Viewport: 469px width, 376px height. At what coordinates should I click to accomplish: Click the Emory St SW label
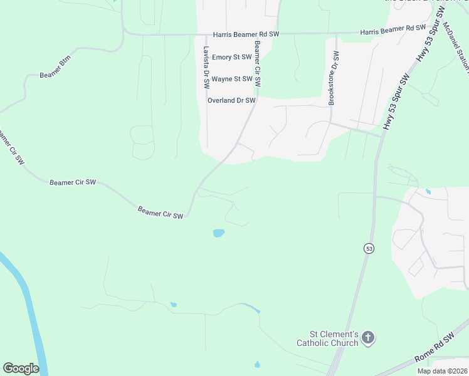point(232,57)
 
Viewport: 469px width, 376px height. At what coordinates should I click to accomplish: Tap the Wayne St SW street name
point(232,79)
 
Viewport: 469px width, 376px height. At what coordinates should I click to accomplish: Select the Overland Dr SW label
point(231,100)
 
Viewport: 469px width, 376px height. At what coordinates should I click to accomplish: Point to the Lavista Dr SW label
point(206,66)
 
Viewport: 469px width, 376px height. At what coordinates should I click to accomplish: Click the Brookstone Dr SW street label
point(334,78)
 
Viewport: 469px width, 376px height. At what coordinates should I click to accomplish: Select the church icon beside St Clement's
point(368,338)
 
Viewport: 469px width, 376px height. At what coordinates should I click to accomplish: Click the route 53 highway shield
point(369,248)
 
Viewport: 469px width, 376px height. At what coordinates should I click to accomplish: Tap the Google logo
point(21,368)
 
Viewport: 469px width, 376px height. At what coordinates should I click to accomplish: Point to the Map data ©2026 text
point(441,371)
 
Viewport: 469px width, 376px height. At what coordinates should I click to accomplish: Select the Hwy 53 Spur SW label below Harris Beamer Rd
point(396,102)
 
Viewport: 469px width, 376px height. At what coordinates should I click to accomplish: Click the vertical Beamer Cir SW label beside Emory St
point(257,64)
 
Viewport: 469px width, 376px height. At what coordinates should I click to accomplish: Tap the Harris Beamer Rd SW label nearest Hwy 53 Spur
point(393,29)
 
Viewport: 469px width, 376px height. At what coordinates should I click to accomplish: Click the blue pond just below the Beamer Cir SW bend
point(218,233)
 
